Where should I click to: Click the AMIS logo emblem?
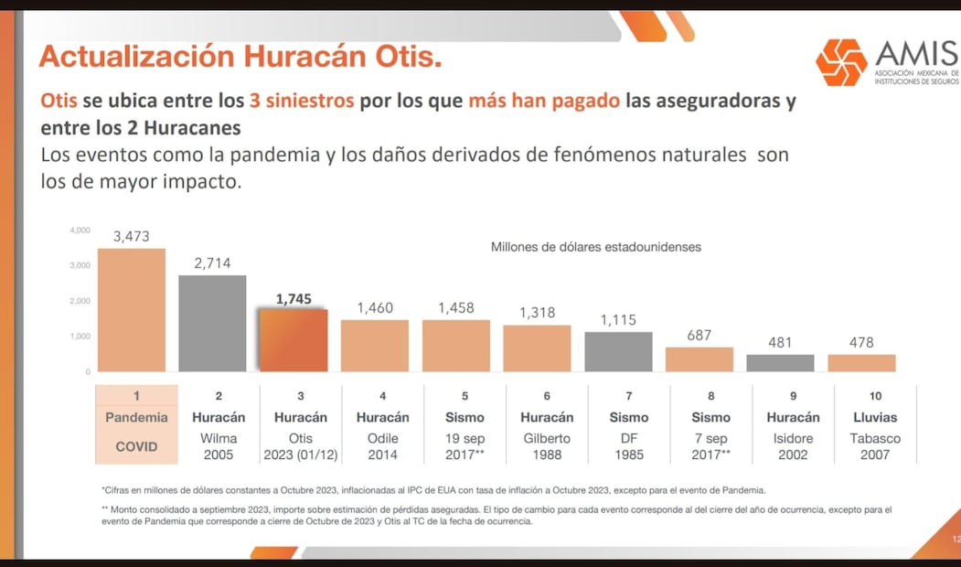[841, 62]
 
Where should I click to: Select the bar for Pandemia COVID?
[132, 310]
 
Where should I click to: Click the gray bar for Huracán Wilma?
[212, 324]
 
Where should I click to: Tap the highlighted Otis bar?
[294, 340]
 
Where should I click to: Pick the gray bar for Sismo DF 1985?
[619, 352]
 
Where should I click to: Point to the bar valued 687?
[699, 359]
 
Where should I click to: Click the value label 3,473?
[132, 237]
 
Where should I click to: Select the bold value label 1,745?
[294, 298]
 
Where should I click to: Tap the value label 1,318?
[538, 313]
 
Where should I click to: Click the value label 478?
[861, 343]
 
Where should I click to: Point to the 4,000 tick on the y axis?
[80, 230]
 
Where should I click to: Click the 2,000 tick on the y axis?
[80, 301]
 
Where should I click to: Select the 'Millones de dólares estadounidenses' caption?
[596, 247]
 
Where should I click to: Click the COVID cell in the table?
[136, 446]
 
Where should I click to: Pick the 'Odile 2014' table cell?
[382, 446]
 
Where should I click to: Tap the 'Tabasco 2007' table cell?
[875, 446]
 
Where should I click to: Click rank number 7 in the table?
[629, 396]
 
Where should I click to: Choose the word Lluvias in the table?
[875, 418]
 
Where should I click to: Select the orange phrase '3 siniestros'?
[302, 101]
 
